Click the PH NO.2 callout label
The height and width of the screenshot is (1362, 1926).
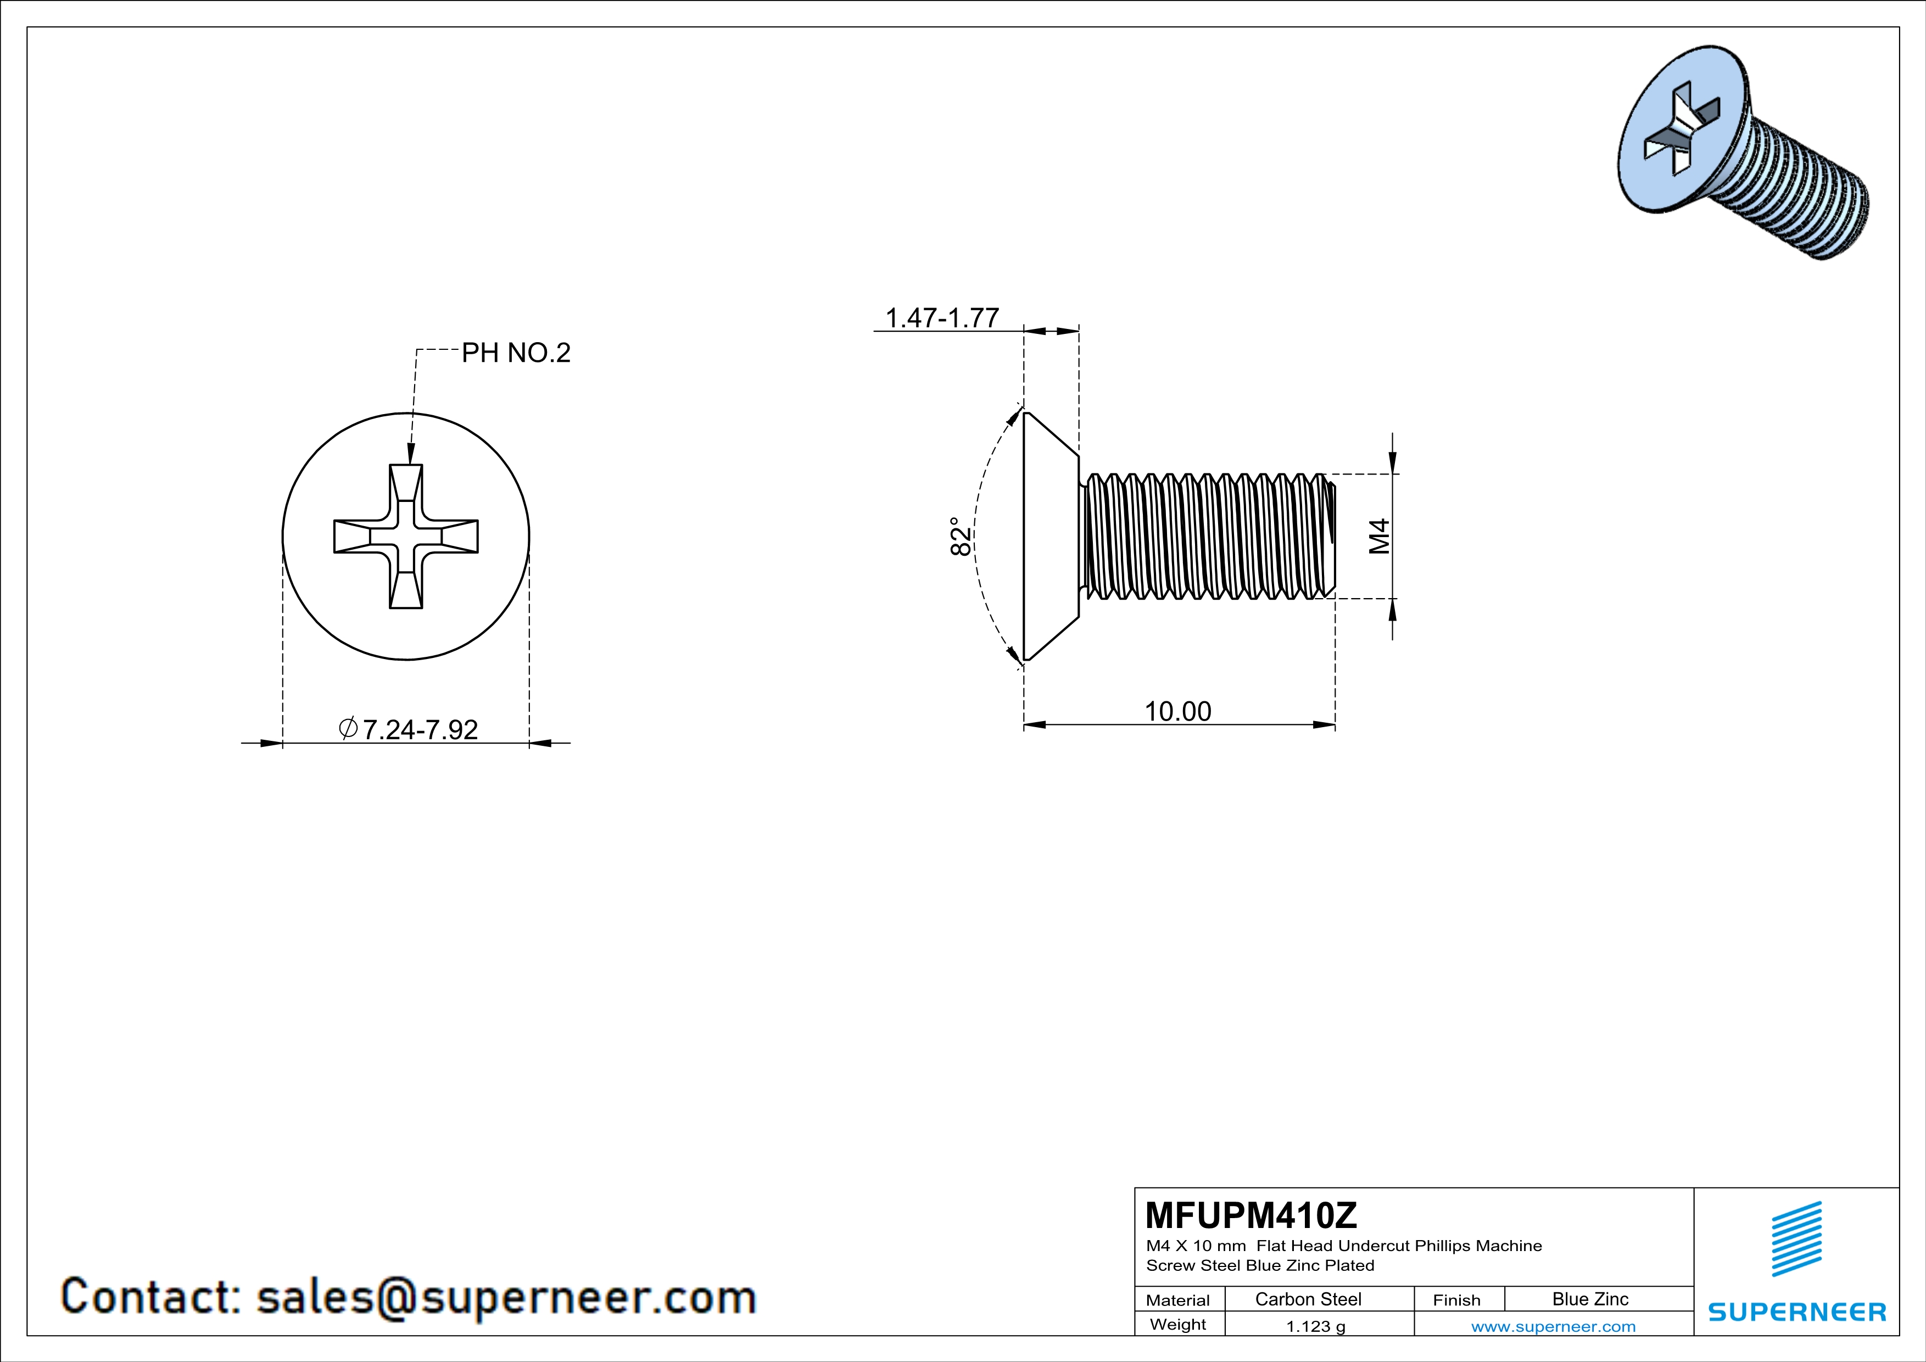point(516,353)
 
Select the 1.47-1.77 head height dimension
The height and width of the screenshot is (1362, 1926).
point(942,319)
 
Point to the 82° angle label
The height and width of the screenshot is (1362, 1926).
point(961,536)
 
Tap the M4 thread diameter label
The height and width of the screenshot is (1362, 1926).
point(1379,536)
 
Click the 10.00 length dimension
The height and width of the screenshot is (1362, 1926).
point(1178,711)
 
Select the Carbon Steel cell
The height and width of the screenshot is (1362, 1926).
point(1308,1299)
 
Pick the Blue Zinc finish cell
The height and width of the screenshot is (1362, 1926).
point(1589,1299)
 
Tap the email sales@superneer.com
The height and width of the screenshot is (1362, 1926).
point(506,1297)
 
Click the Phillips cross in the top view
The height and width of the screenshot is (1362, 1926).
point(406,536)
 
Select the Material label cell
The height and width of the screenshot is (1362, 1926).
point(1178,1300)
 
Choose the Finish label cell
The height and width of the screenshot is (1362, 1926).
point(1456,1300)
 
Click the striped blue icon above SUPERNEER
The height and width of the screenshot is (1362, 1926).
point(1796,1239)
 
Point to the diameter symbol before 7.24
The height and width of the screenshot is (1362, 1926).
point(348,728)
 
